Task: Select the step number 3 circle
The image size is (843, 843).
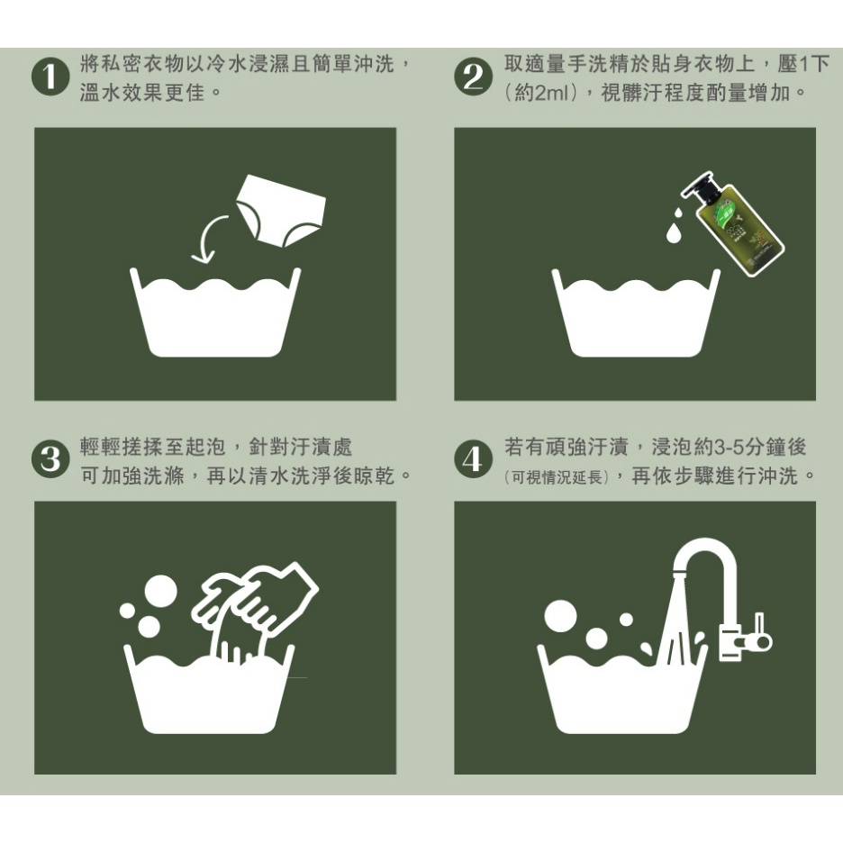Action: tap(50, 459)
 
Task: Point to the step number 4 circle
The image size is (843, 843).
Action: tap(473, 459)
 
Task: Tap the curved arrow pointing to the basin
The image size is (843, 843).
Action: tap(205, 237)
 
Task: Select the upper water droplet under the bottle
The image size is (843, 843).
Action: tap(678, 213)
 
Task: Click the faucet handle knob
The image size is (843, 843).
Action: tap(762, 640)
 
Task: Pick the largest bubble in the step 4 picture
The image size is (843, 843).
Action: tap(560, 616)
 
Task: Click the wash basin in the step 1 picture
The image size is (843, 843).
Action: tap(215, 312)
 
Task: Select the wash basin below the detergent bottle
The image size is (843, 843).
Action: tap(636, 312)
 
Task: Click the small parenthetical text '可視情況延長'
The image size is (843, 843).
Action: tap(557, 476)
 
